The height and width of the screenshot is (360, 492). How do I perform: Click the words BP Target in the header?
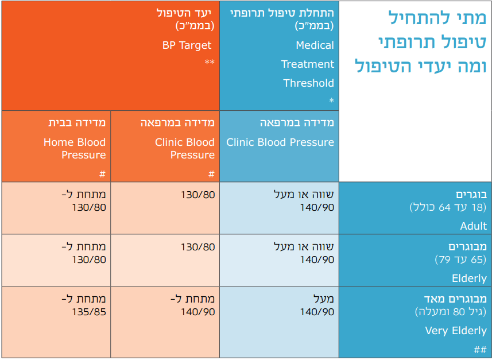click(x=187, y=45)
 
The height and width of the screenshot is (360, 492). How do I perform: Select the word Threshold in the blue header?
click(x=308, y=83)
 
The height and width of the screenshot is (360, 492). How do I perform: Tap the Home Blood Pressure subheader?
click(x=75, y=148)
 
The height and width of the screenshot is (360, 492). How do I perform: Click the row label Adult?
click(x=473, y=226)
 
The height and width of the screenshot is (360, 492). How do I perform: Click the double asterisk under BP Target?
click(x=210, y=63)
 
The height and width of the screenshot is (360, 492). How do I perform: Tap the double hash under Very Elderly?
click(x=480, y=350)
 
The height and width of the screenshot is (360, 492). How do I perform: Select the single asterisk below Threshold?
click(x=331, y=101)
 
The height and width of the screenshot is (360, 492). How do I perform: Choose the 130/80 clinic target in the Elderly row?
click(x=198, y=247)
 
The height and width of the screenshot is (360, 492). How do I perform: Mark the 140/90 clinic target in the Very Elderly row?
click(x=198, y=312)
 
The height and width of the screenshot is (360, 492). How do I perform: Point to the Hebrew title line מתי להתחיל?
click(x=437, y=17)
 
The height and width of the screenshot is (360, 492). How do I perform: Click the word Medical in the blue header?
click(x=315, y=45)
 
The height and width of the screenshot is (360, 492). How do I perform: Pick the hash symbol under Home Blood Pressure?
click(x=102, y=174)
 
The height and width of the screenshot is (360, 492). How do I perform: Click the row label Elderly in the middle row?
click(x=469, y=278)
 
